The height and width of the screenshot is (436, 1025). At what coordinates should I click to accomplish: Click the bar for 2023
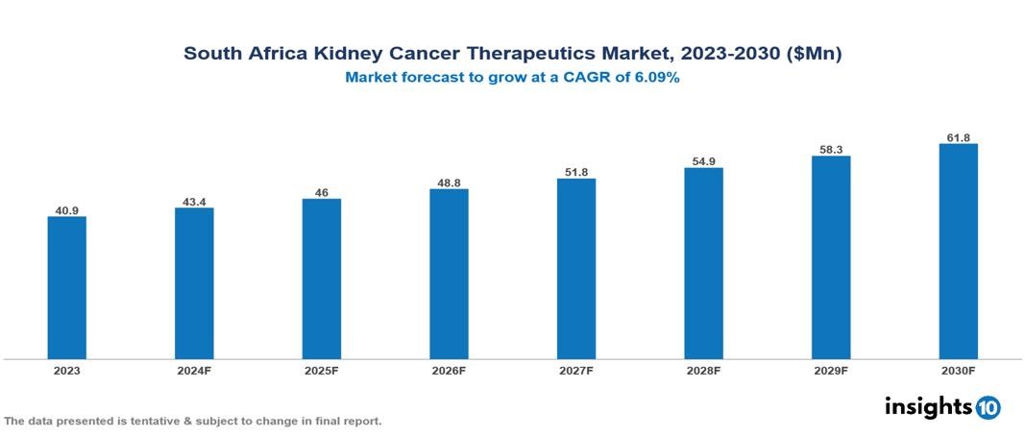67,288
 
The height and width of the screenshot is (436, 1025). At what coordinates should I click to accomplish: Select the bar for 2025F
322,279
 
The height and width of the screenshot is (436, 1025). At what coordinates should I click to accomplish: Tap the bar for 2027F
576,269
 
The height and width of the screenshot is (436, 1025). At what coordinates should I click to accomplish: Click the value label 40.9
67,209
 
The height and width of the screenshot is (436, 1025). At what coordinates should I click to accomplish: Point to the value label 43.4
194,202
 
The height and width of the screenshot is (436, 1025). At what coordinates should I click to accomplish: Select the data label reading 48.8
449,182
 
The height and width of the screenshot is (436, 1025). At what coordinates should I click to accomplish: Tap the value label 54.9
703,161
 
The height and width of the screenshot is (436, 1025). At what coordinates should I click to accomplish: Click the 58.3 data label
831,150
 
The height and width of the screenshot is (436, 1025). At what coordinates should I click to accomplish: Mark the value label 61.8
958,138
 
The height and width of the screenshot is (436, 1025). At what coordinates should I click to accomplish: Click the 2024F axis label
194,370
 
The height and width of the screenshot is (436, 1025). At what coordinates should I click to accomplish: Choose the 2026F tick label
449,370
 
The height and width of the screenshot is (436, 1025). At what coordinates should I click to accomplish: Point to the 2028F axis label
703,370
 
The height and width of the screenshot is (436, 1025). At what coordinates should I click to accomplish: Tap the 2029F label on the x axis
831,370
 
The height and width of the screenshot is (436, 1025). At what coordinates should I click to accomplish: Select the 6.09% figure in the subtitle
651,79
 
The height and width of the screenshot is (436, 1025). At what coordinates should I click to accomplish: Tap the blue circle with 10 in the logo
988,407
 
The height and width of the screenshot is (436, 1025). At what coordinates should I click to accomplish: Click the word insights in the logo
928,406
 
